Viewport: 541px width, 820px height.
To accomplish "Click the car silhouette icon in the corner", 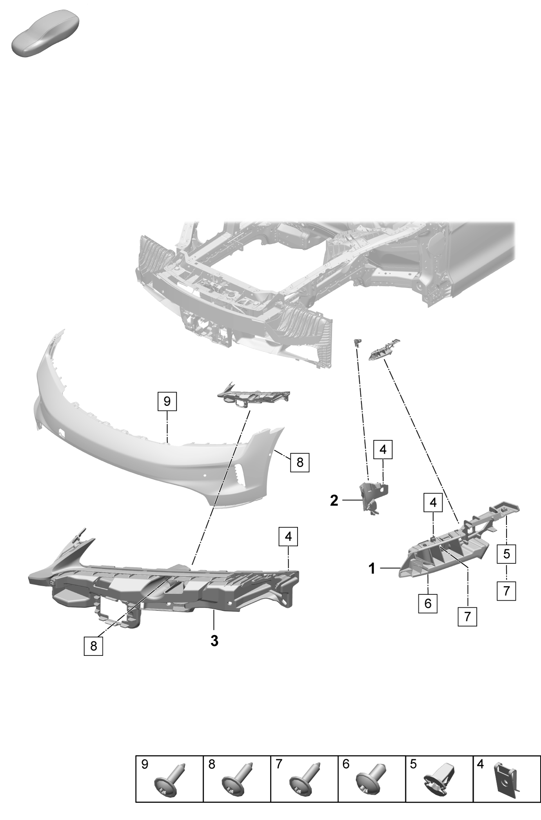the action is pyautogui.click(x=45, y=34).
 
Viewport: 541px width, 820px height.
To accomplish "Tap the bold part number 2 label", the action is pyautogui.click(x=334, y=500).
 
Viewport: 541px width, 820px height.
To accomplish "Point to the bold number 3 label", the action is pyautogui.click(x=214, y=641).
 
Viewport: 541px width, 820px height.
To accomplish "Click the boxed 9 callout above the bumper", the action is pyautogui.click(x=167, y=401).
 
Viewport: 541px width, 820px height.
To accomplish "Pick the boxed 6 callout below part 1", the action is pyautogui.click(x=428, y=614).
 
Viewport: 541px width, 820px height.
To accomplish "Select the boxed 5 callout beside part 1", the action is pyautogui.click(x=507, y=554).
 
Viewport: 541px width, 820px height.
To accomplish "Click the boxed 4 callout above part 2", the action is pyautogui.click(x=383, y=450).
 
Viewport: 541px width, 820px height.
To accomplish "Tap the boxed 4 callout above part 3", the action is pyautogui.click(x=289, y=536).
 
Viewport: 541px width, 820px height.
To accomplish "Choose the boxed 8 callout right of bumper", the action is pyautogui.click(x=300, y=462).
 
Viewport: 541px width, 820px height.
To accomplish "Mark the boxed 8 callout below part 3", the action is pyautogui.click(x=93, y=646).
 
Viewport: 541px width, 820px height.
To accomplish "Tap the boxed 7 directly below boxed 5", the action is pyautogui.click(x=507, y=591).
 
